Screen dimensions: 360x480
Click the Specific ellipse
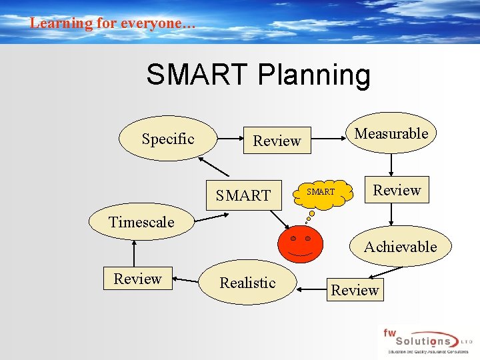click(167, 139)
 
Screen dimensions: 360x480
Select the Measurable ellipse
click(391, 133)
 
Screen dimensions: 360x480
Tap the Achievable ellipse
click(401, 247)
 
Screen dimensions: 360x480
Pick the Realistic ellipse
click(247, 283)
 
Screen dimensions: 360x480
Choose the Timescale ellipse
click(141, 222)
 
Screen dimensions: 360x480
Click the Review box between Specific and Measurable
click(277, 141)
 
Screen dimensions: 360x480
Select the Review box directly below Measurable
click(397, 190)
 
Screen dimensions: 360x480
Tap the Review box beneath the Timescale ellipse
click(137, 279)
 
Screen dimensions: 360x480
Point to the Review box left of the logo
click(355, 290)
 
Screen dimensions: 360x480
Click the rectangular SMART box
click(243, 195)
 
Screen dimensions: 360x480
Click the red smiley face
click(301, 244)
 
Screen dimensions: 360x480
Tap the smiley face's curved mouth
click(301, 254)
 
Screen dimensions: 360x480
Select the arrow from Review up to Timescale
click(135, 253)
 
